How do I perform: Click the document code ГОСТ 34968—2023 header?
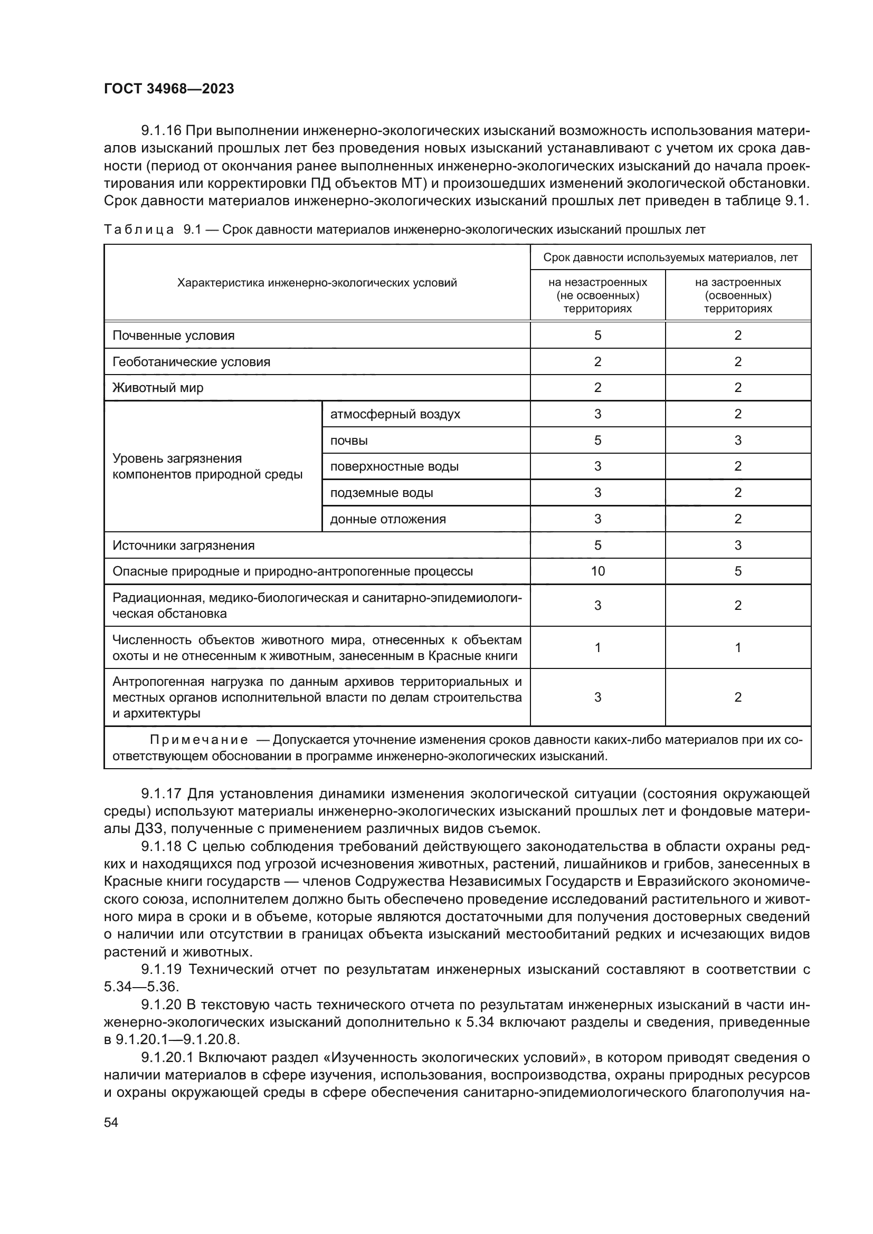click(x=169, y=89)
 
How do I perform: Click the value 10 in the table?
click(x=597, y=571)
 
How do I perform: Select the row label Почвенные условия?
click(x=173, y=336)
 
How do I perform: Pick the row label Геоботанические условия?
click(x=191, y=362)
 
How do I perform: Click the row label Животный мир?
click(x=157, y=388)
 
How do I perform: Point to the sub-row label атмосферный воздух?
click(x=395, y=414)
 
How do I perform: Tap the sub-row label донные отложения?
click(x=387, y=519)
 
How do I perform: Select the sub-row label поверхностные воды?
click(x=394, y=466)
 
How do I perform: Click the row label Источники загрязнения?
click(x=183, y=546)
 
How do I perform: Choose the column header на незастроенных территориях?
click(x=597, y=295)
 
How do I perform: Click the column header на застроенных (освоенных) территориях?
click(x=737, y=295)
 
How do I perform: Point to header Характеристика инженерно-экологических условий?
click(x=317, y=283)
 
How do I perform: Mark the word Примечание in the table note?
click(x=198, y=740)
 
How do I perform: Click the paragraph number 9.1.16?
click(x=162, y=131)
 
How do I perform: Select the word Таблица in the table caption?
click(x=138, y=230)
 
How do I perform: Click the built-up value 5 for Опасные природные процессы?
click(x=737, y=571)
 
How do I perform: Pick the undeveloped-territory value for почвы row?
click(x=597, y=441)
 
